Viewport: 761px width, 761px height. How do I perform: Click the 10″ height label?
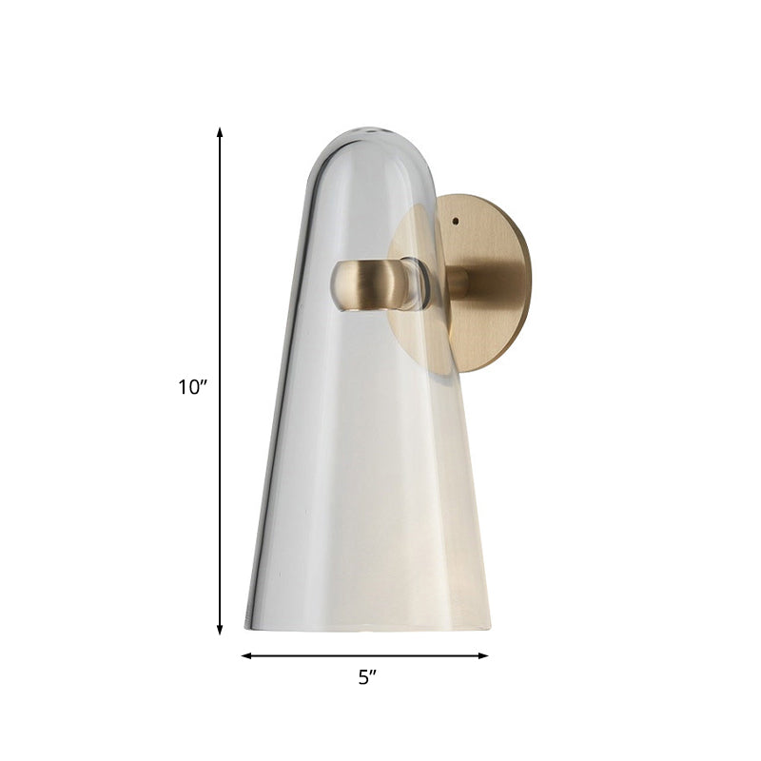click(191, 387)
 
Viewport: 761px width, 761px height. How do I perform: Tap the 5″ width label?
click(367, 677)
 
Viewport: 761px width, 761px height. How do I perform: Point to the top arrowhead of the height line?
click(220, 132)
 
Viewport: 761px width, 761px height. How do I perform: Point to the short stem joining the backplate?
click(457, 283)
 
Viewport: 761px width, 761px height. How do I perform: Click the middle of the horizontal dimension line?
click(364, 655)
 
